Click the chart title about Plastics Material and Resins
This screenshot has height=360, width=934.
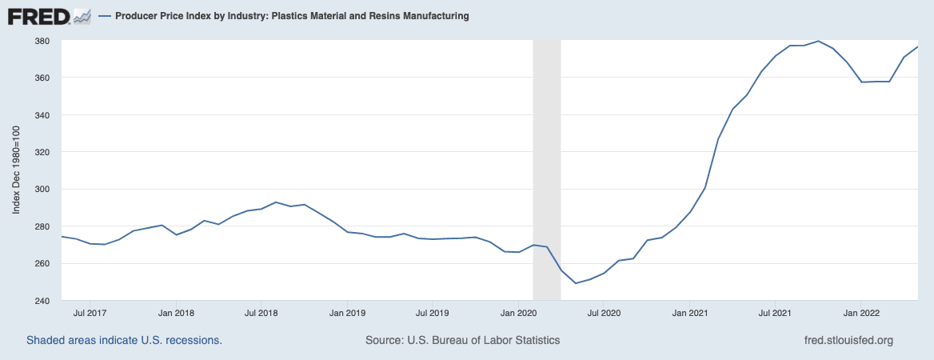click(291, 16)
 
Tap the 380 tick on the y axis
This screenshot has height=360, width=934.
click(42, 41)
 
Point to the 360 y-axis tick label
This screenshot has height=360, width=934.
click(42, 78)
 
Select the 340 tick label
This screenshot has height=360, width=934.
click(42, 115)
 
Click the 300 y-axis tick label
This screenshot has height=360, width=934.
click(42, 190)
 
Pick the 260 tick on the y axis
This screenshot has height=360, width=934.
click(42, 264)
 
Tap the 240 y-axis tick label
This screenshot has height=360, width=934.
click(42, 301)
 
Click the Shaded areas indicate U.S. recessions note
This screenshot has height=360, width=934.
click(124, 340)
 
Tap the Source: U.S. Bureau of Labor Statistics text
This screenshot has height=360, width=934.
click(462, 340)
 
